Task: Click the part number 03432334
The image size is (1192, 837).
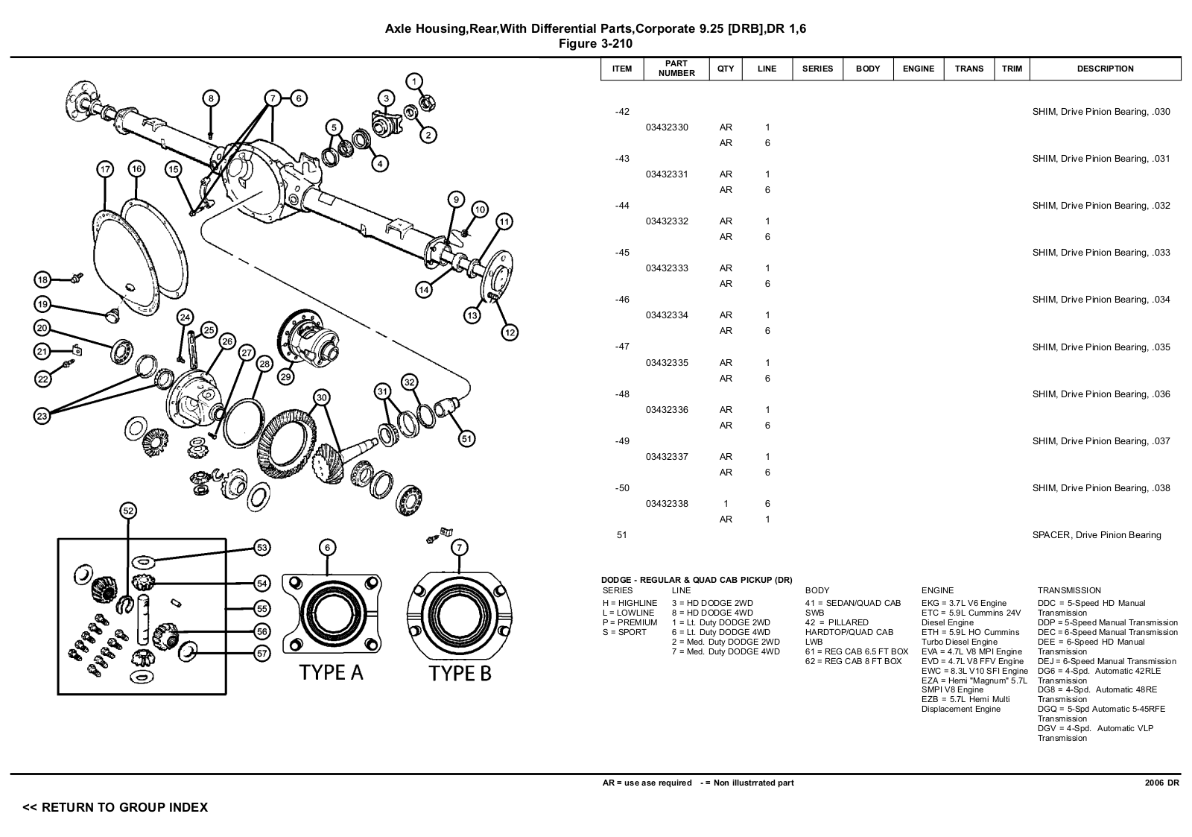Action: pyautogui.click(x=667, y=315)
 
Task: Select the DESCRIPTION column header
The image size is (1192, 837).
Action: pyautogui.click(x=1105, y=69)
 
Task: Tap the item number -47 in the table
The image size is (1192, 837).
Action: pyautogui.click(x=622, y=347)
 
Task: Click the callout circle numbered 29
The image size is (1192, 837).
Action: pyautogui.click(x=285, y=377)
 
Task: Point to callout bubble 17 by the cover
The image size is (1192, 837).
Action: pyautogui.click(x=105, y=169)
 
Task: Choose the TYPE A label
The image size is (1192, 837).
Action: pyautogui.click(x=331, y=673)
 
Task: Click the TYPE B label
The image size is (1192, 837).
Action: pyautogui.click(x=460, y=674)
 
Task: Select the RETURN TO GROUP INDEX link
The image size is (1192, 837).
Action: pyautogui.click(x=115, y=807)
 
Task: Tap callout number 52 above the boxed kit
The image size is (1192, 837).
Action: pyautogui.click(x=129, y=511)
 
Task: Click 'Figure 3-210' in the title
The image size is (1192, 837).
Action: pyautogui.click(x=595, y=44)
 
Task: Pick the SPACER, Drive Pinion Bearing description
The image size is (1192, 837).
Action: pyautogui.click(x=1096, y=535)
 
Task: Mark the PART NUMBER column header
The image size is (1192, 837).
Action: pyautogui.click(x=676, y=69)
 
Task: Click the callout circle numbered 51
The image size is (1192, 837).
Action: pyautogui.click(x=466, y=439)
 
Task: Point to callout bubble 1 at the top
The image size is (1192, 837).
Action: pyautogui.click(x=414, y=81)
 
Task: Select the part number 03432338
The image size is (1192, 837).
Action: pyautogui.click(x=667, y=504)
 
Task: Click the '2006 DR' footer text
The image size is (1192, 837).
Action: pyautogui.click(x=1161, y=783)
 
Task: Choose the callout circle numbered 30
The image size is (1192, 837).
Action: pyautogui.click(x=321, y=397)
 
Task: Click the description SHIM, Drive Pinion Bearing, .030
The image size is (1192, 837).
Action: pyautogui.click(x=1100, y=112)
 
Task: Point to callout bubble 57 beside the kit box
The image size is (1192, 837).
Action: pyautogui.click(x=262, y=654)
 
